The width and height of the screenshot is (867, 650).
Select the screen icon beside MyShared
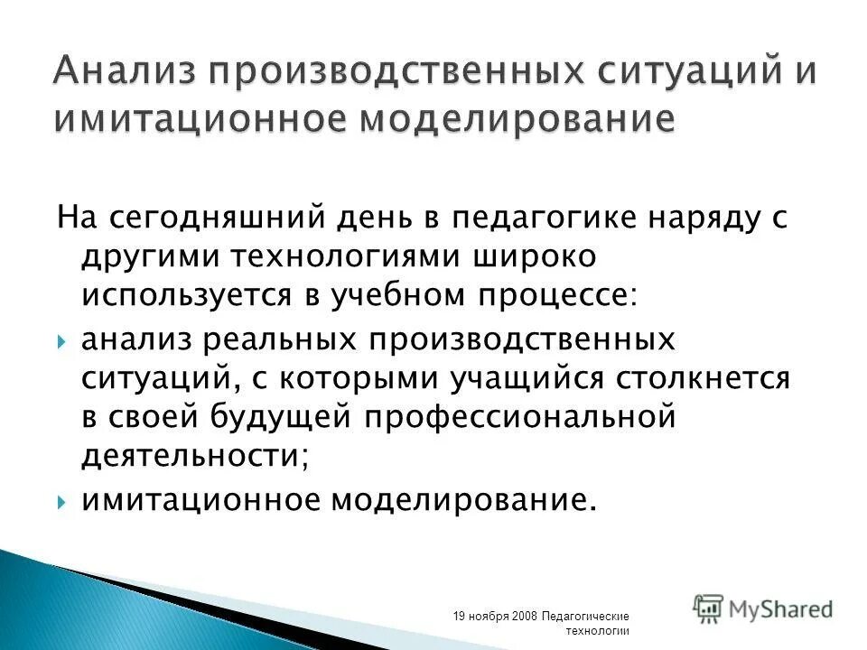click(x=708, y=608)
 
